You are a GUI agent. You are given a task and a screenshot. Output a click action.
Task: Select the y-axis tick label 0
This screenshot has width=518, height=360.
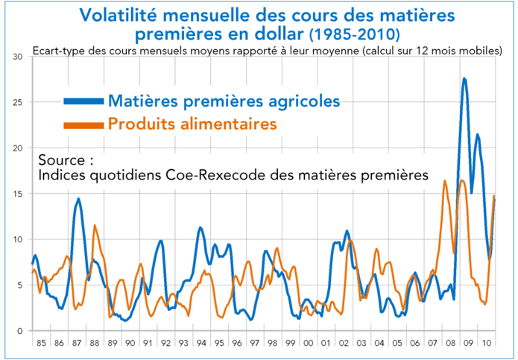[x=21, y=331]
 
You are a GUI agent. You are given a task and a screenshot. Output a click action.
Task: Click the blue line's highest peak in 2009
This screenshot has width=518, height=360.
[x=464, y=79]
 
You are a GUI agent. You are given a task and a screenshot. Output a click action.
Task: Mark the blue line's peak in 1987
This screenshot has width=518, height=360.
[x=78, y=199]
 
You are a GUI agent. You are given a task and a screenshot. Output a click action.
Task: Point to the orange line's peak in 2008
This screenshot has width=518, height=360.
[x=445, y=181]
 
